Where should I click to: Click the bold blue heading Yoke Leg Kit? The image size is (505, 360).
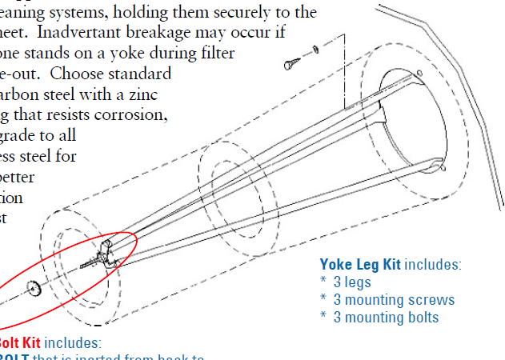[x=360, y=265]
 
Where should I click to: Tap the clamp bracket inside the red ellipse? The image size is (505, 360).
[x=103, y=255]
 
